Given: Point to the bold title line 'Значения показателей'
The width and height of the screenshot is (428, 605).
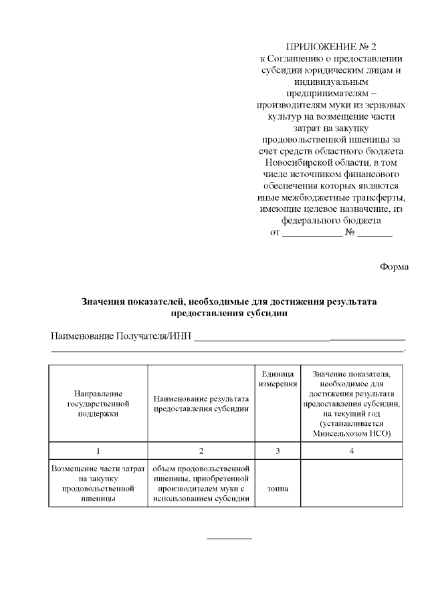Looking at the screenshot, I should (x=229, y=301).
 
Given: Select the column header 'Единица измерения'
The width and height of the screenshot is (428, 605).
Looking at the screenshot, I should (x=278, y=379).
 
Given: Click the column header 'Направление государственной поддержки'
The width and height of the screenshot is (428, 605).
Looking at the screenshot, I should (x=98, y=404).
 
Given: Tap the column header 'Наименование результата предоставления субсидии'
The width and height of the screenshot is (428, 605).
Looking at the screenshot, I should (x=201, y=404).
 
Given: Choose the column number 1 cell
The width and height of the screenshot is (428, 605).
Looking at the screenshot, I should (x=98, y=451).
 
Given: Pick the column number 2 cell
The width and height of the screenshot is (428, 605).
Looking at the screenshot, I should (x=201, y=451).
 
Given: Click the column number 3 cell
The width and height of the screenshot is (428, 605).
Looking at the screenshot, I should (x=278, y=451).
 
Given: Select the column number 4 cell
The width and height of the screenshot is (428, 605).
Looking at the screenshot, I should (x=352, y=451).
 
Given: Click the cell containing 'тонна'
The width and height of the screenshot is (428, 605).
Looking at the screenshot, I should (x=278, y=489).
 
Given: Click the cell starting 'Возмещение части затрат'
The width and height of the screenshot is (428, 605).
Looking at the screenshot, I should (x=98, y=483).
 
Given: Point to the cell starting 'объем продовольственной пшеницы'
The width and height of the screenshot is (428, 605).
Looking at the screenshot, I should (x=201, y=483).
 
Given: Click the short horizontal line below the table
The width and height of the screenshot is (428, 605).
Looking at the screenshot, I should (x=229, y=537).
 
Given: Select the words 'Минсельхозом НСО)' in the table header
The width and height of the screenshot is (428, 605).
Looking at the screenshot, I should (x=352, y=433).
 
